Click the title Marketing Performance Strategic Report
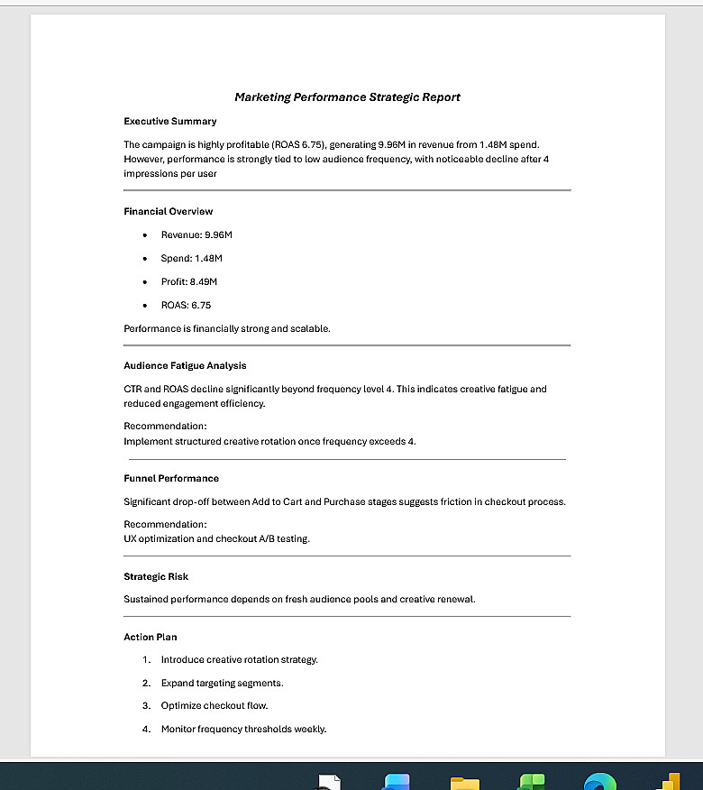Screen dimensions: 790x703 [x=347, y=97]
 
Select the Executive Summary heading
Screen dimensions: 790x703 [x=169, y=121]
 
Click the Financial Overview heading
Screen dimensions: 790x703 [x=168, y=211]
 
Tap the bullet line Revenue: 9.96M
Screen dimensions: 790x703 [x=196, y=235]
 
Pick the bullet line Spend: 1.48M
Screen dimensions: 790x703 [x=191, y=259]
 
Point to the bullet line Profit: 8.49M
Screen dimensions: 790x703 [x=189, y=282]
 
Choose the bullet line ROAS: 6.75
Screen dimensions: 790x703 [x=186, y=306]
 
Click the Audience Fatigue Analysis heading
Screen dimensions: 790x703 [x=185, y=366]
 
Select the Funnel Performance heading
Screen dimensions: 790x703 [x=171, y=479]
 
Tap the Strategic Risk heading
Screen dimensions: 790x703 [x=156, y=577]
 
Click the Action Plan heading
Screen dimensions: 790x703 [x=151, y=638]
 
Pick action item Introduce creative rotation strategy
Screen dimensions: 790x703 [x=239, y=660]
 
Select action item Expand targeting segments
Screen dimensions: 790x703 [x=222, y=684]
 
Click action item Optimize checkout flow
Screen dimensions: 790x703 [x=215, y=706]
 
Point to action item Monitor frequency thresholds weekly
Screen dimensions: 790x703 [x=243, y=730]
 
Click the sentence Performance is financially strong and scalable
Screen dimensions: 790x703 [x=227, y=329]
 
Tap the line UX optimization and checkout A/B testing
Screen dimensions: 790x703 [x=216, y=539]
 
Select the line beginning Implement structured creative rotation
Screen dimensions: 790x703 [x=269, y=442]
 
